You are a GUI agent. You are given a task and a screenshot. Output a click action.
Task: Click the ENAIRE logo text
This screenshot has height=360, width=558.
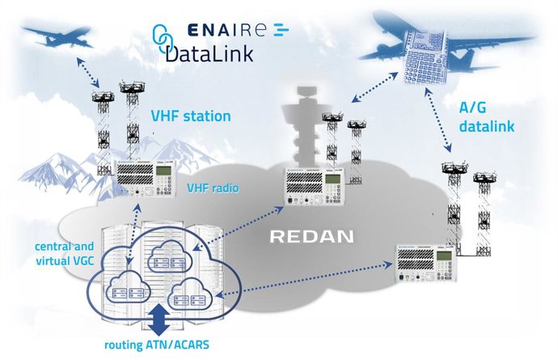235,32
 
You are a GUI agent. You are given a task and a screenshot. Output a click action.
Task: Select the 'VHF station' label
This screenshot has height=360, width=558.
191,116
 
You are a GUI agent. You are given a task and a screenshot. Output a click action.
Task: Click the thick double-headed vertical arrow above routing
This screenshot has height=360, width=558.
159,320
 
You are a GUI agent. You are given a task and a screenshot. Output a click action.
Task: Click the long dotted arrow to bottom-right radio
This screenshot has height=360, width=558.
299,282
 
